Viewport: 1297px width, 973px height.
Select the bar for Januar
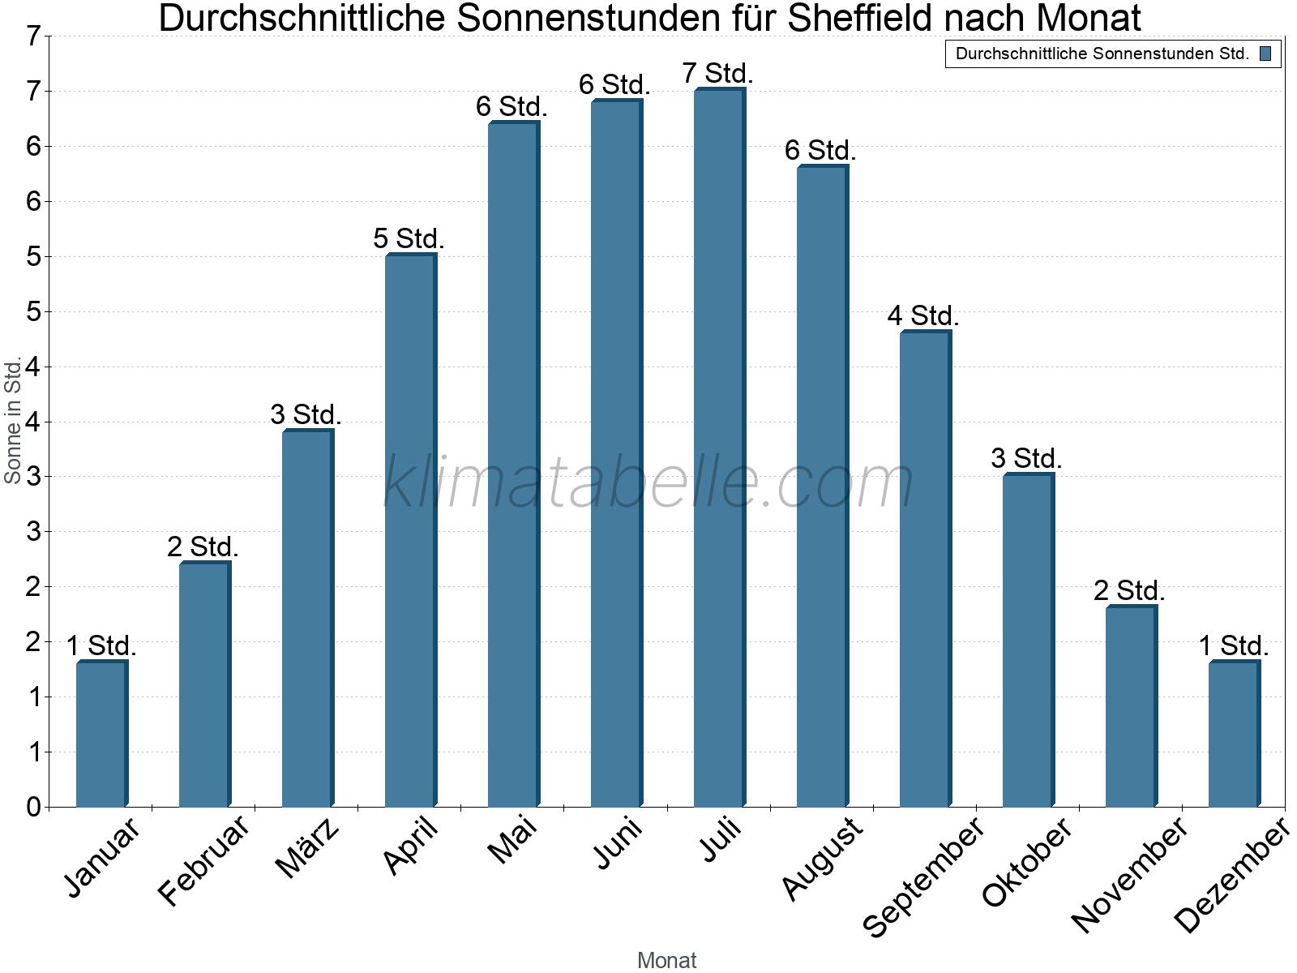coord(101,734)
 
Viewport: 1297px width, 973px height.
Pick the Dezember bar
coord(1234,734)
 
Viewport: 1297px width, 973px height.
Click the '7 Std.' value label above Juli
coord(718,73)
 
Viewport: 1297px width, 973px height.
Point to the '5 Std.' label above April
coord(409,238)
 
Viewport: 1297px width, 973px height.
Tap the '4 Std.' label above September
coord(923,315)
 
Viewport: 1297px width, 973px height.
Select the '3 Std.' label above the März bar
coord(306,414)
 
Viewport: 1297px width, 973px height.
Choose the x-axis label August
coord(823,858)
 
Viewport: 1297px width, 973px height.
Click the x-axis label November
coord(1129,875)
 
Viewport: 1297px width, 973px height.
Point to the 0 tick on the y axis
coord(33,807)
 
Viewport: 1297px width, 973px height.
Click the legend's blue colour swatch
coord(1265,54)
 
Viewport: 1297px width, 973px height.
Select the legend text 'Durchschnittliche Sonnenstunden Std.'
coord(1102,54)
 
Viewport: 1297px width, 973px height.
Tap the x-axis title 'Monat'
coord(666,960)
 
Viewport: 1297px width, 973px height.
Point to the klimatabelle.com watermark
coord(648,482)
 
